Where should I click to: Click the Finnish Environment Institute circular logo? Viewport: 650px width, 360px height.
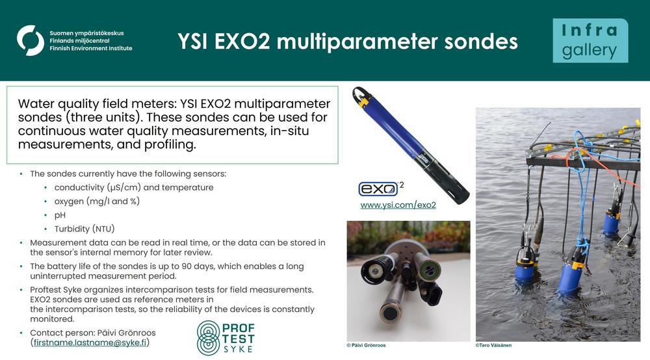pos(31,40)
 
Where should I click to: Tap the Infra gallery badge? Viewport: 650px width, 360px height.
pos(590,40)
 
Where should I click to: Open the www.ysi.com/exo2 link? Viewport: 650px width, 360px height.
pos(398,205)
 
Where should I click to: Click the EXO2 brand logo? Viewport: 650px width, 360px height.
pos(381,188)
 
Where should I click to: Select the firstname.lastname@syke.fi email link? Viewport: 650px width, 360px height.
pos(90,342)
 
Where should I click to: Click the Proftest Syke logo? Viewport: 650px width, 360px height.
pos(226,338)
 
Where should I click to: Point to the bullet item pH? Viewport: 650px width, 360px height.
pos(60,215)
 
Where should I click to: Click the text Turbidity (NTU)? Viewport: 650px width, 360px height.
pos(84,229)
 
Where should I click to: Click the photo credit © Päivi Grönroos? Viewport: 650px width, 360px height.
pos(366,345)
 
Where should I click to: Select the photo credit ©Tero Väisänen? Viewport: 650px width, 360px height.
pos(493,345)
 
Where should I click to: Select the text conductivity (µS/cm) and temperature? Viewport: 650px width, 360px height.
pos(134,187)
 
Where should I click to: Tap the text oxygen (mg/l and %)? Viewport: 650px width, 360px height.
pos(97,201)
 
